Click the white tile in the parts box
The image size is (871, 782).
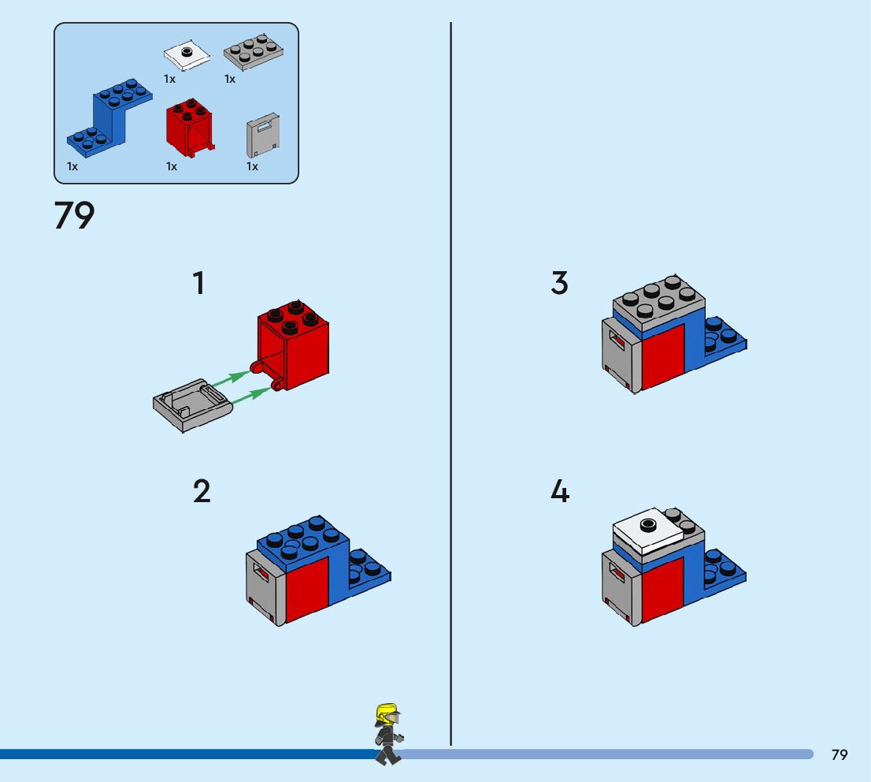[187, 56]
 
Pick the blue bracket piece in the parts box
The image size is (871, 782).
[110, 118]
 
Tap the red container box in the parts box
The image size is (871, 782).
[188, 126]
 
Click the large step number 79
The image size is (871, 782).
[75, 216]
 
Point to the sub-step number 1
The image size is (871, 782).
[199, 284]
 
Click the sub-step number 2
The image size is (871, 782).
[202, 492]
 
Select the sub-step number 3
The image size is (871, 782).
[559, 284]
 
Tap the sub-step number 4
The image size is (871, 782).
[559, 492]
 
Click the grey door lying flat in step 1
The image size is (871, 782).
[191, 404]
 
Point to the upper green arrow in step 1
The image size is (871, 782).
[233, 378]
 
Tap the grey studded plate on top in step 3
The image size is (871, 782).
[659, 303]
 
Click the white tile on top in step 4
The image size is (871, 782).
[648, 530]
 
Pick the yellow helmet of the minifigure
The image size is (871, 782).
[386, 714]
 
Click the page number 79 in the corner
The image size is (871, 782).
[839, 755]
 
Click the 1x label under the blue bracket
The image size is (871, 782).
[72, 166]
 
